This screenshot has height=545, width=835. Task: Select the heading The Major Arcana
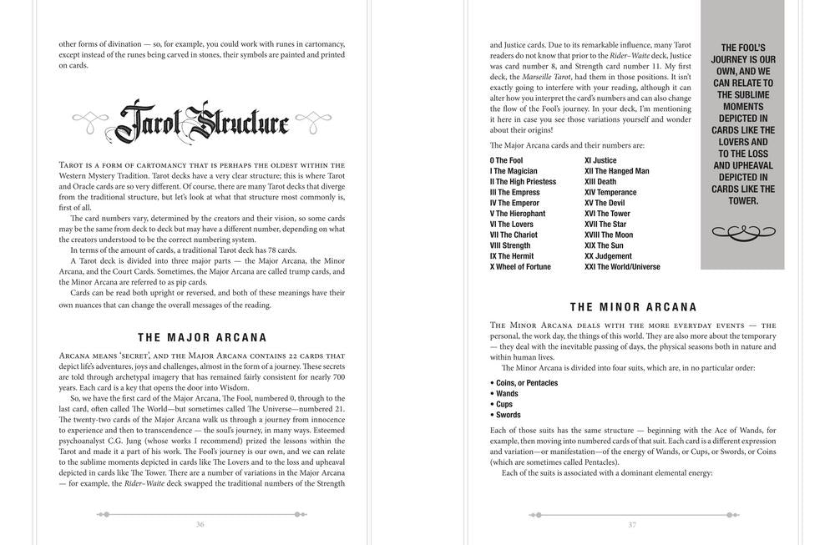(202, 338)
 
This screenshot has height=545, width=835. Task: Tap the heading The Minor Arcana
(633, 307)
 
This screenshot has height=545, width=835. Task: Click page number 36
(200, 524)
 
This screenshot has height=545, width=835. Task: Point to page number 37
(632, 524)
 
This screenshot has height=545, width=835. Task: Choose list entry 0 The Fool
(506, 160)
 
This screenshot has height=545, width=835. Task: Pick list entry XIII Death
(600, 182)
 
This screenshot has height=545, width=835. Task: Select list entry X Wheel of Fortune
(520, 267)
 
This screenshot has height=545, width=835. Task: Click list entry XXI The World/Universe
(622, 267)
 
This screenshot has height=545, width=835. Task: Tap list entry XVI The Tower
(607, 214)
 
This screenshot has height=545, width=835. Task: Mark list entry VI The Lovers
(511, 225)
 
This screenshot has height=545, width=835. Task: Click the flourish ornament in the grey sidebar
(742, 231)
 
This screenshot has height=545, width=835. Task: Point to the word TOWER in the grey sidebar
(742, 200)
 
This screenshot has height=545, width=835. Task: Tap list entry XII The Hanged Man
(616, 171)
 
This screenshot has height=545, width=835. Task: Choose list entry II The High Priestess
(523, 182)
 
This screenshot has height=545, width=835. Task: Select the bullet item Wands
(507, 393)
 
